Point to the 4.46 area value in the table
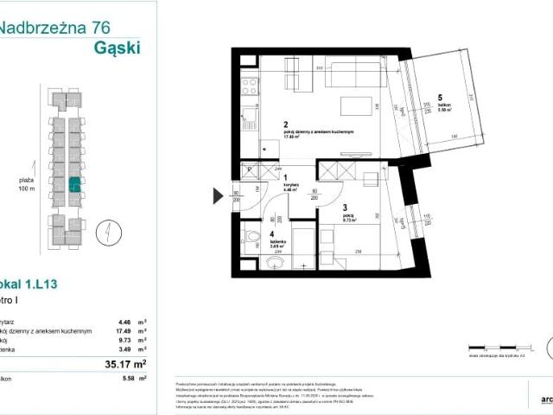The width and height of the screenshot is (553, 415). coord(125,319)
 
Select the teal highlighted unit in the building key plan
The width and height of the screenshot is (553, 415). coord(75,183)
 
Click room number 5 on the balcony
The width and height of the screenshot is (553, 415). coord(439,97)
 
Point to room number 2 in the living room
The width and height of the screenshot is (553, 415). coord(284,124)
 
